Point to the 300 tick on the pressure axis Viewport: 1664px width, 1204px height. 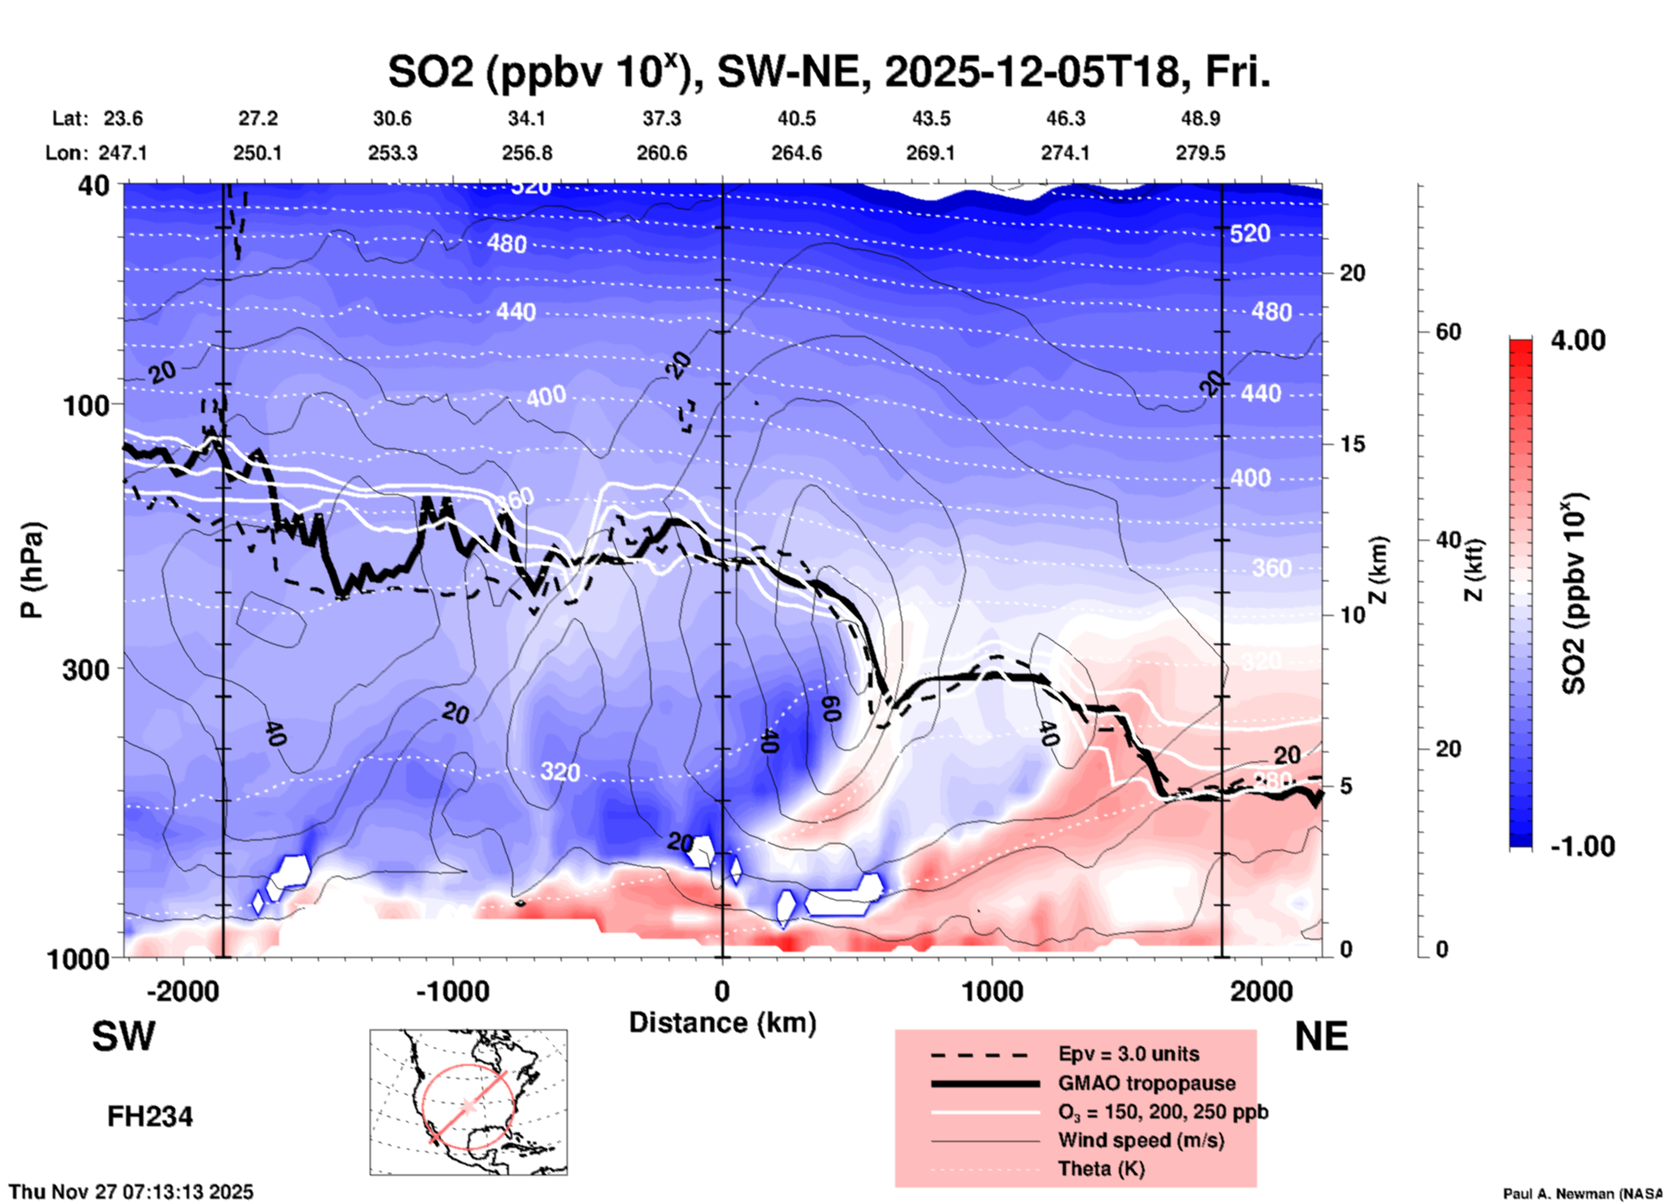pos(86,669)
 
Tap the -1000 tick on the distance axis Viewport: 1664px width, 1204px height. pos(452,991)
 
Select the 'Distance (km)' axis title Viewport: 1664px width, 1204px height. pos(722,1023)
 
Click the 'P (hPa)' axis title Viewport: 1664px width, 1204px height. pos(32,570)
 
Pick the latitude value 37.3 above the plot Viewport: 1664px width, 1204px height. pos(662,118)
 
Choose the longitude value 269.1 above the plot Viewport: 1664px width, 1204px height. pos(930,153)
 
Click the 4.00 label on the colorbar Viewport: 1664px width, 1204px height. pos(1578,340)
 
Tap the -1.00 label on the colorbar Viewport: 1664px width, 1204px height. pos(1582,846)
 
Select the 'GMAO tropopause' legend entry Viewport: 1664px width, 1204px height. pos(1146,1083)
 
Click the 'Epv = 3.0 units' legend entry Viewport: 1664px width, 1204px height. pos(1128,1054)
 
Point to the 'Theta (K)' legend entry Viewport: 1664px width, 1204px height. pos(1101,1169)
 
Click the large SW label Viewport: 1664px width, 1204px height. pos(124,1036)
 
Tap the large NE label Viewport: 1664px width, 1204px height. pos(1321,1036)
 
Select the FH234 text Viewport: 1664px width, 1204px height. pos(149,1117)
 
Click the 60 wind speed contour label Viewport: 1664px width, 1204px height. pos(830,708)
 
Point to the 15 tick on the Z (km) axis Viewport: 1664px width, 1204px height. pos(1351,444)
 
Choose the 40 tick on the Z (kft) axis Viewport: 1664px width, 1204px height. pos(1447,540)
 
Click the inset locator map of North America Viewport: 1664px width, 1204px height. pos(468,1101)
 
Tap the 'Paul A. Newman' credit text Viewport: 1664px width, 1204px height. pos(1582,1194)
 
